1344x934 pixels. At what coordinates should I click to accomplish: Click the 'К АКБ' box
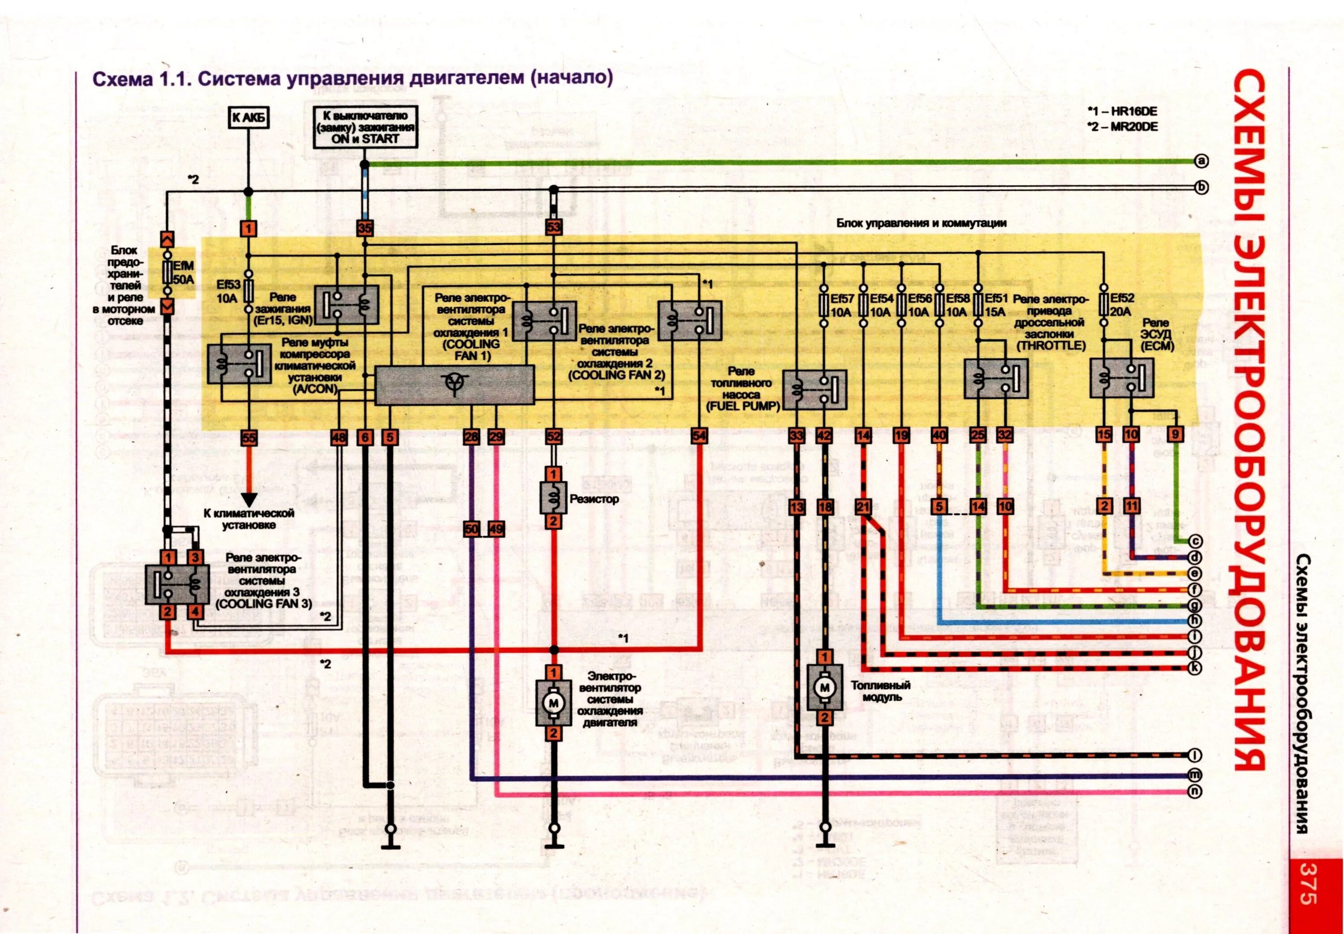tap(249, 118)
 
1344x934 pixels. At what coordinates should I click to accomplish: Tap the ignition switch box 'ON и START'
tap(365, 127)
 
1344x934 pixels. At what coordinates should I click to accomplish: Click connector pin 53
tap(553, 227)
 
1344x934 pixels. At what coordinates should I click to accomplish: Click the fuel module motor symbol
tap(824, 687)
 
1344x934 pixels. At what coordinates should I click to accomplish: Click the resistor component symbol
tap(553, 497)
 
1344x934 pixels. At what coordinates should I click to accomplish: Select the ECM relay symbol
tap(1121, 378)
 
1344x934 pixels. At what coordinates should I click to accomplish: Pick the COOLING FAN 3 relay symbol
tap(177, 583)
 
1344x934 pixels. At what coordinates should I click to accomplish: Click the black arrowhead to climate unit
tap(250, 499)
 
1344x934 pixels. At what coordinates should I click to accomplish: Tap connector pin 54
tap(699, 436)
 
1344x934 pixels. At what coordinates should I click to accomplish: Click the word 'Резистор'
tap(594, 499)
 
